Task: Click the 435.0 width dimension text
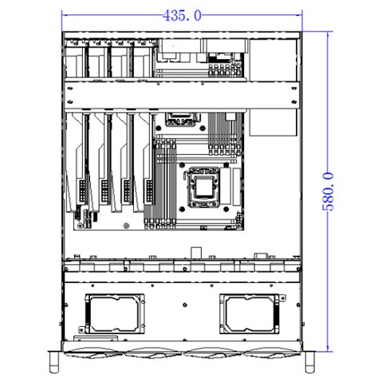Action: click(182, 15)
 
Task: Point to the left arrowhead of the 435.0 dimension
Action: click(65, 15)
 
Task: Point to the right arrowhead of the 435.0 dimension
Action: click(302, 15)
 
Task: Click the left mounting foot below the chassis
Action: click(53, 362)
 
